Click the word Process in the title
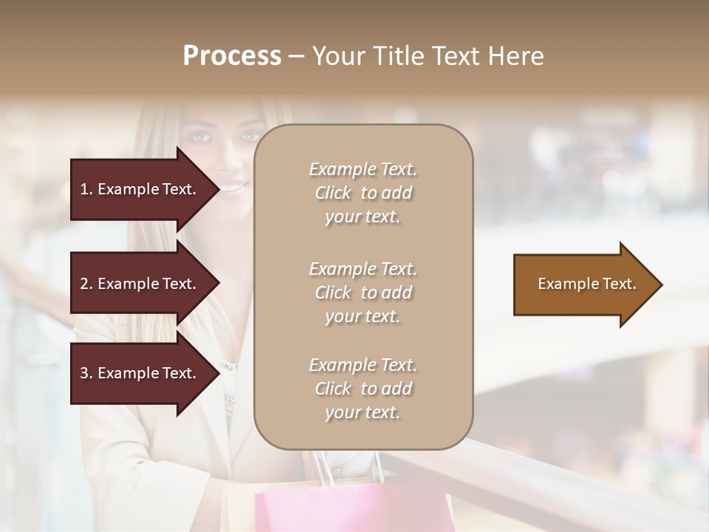point(232,56)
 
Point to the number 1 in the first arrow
point(83,189)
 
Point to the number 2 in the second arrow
point(83,284)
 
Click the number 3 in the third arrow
point(83,373)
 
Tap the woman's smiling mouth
point(232,189)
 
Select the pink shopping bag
point(354,510)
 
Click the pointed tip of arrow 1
point(218,189)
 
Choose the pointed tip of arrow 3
point(218,373)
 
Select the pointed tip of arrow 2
point(218,284)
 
